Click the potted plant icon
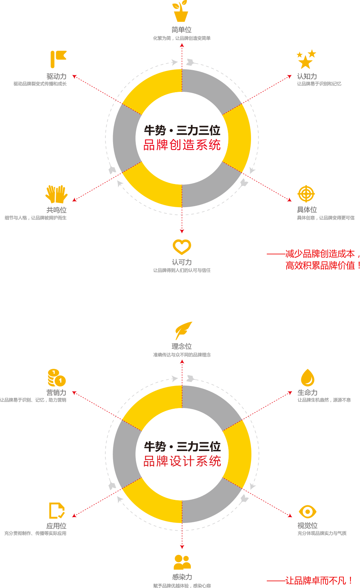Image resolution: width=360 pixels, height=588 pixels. click(181, 11)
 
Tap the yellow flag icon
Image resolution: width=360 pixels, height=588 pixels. click(58, 59)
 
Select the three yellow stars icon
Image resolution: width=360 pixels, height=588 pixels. click(306, 59)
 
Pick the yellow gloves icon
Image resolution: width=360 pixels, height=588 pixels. click(57, 194)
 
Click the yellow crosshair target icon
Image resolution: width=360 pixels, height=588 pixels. click(306, 194)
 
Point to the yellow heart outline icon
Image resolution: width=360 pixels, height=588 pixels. click(182, 247)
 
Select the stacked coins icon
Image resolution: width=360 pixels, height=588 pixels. click(57, 378)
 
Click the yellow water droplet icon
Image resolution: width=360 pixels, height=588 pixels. click(307, 378)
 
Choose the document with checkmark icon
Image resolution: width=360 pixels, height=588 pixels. click(57, 511)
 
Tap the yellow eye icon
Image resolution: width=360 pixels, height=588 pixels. click(307, 511)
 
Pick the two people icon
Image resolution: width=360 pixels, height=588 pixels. click(182, 562)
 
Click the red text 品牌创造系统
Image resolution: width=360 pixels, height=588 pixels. click(182, 145)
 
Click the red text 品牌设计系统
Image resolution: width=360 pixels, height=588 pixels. click(182, 461)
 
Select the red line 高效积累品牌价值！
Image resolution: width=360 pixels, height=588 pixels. click(322, 265)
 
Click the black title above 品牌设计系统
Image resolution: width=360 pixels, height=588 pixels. click(182, 447)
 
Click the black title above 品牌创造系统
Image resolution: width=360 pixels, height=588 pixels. click(182, 130)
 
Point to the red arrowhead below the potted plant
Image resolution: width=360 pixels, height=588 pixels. click(182, 45)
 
